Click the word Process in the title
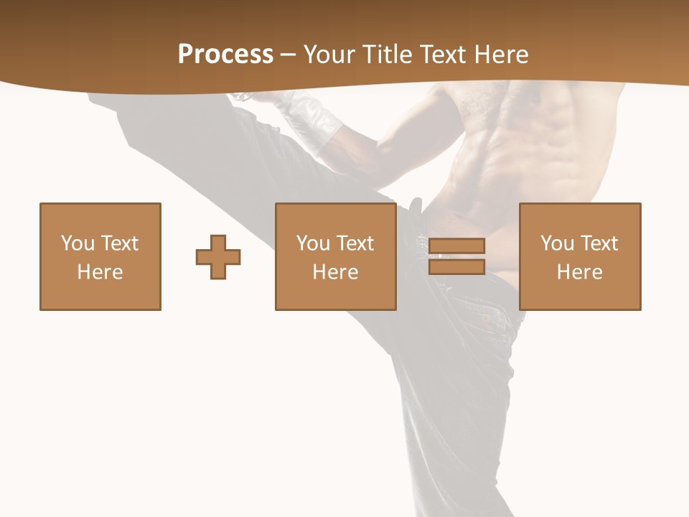tap(225, 55)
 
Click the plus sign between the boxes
tap(218, 256)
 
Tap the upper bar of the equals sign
tap(456, 246)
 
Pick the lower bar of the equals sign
tap(456, 266)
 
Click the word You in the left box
tap(78, 243)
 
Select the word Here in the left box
tap(100, 272)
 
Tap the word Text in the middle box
tap(355, 243)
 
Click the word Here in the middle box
tap(335, 272)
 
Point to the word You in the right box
tap(557, 243)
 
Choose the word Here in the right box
tap(579, 272)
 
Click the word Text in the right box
tap(599, 243)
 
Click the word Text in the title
tap(441, 55)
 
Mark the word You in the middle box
tap(313, 243)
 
